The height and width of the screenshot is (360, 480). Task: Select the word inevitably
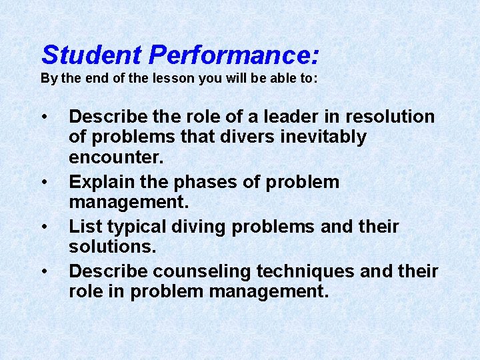coord(327,137)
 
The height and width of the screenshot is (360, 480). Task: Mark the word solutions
coord(112,247)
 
